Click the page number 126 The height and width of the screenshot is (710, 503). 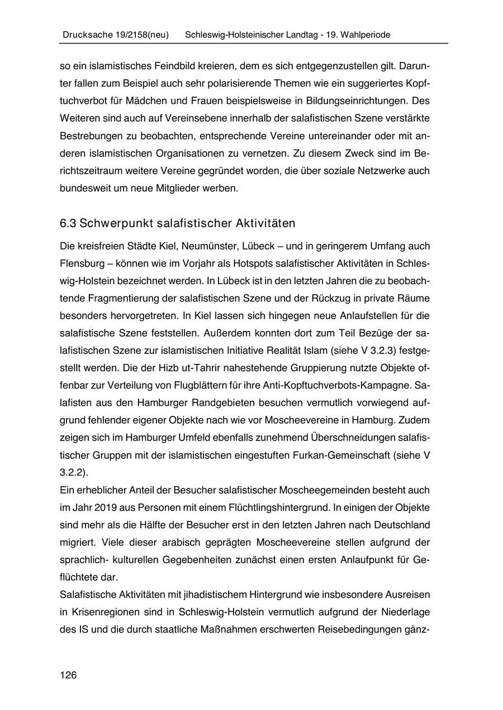point(68,675)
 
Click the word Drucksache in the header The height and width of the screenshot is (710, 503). point(82,35)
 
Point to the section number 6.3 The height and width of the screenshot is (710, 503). point(68,223)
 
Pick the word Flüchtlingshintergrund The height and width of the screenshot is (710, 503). point(273,507)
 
